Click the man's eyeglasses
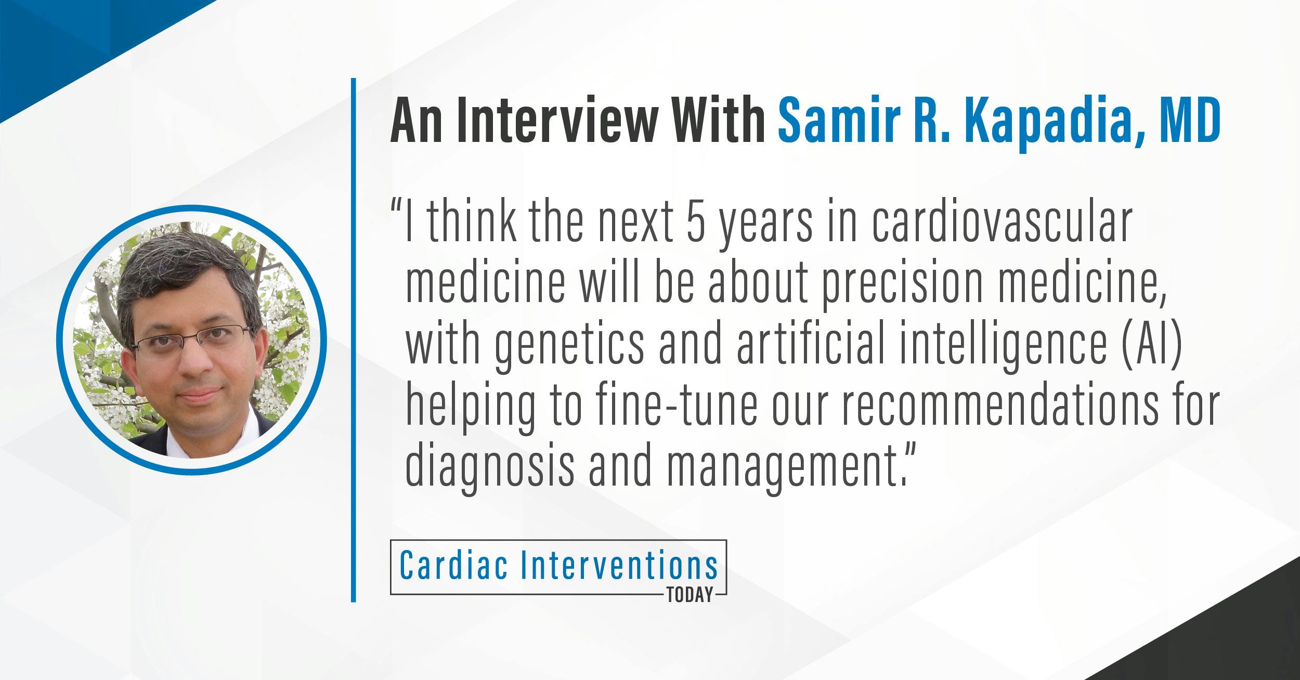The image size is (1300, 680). click(191, 339)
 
